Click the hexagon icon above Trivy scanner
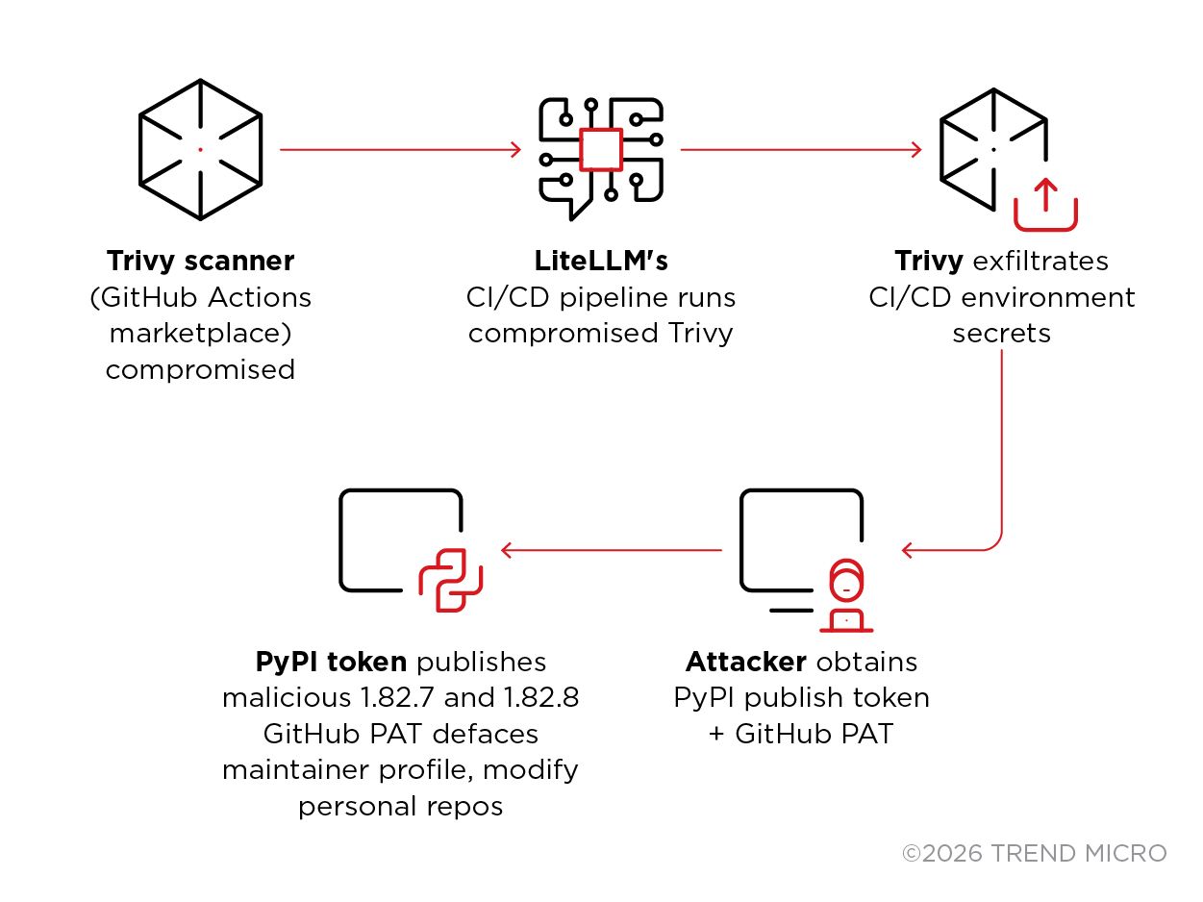pos(200,149)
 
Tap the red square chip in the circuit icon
pos(602,149)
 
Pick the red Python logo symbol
pos(450,580)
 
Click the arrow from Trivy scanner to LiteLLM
pos(399,149)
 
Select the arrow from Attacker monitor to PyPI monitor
pos(611,550)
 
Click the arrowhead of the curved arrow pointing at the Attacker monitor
pos(908,550)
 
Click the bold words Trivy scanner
pos(200,262)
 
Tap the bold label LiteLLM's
pos(601,262)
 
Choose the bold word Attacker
pos(746,663)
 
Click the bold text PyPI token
pos(332,663)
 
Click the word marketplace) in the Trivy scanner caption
pos(200,334)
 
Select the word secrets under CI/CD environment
pos(1001,334)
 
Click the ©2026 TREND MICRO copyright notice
pos(1034,853)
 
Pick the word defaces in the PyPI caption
pos(485,734)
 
